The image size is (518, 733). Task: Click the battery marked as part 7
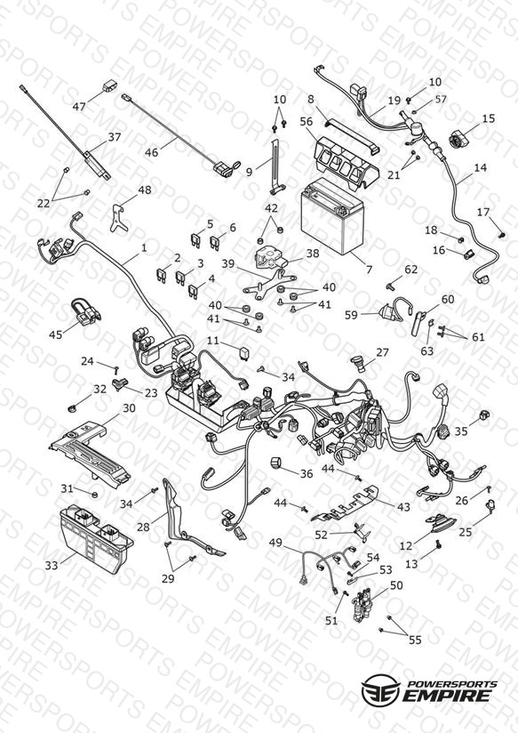[x=332, y=216]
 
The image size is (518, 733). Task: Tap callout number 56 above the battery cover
[x=307, y=122]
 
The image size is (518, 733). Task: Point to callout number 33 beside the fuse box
[x=52, y=565]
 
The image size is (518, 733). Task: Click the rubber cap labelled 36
[x=277, y=463]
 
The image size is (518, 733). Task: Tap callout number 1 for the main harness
[x=144, y=247]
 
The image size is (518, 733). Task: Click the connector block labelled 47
[x=110, y=87]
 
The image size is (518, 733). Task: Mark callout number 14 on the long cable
[x=480, y=167]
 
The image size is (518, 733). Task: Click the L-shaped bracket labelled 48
[x=119, y=217]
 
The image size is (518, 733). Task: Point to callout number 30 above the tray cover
[x=129, y=408]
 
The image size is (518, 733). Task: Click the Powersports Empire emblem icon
[x=380, y=689]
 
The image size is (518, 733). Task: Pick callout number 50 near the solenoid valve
[x=396, y=585]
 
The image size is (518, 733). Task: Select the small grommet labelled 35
[x=485, y=415]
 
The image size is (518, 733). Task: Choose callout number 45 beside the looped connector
[x=56, y=334]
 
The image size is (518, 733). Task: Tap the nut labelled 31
[x=95, y=495]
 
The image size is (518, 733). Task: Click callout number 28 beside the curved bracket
[x=143, y=527]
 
